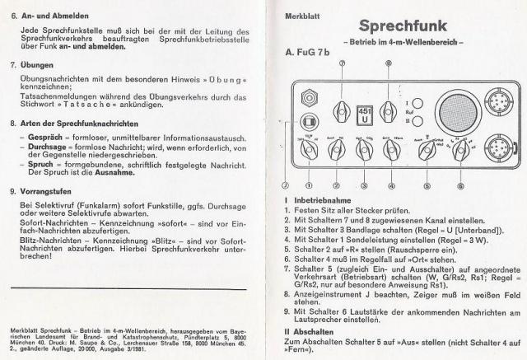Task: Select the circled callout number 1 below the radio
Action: pyautogui.click(x=309, y=185)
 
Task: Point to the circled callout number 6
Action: pyautogui.click(x=459, y=185)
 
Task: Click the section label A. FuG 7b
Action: pyautogui.click(x=308, y=54)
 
